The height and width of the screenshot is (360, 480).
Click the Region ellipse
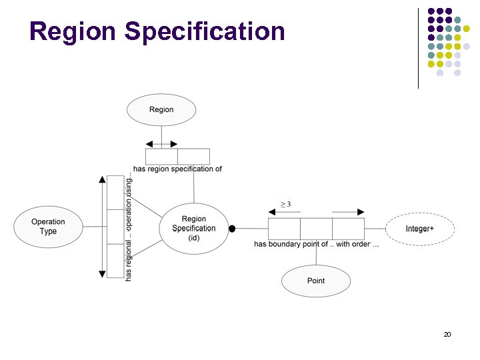click(161, 110)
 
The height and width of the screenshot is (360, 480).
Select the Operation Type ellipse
click(48, 227)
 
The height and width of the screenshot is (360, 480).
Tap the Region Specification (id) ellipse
click(194, 228)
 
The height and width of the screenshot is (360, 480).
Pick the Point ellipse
click(316, 281)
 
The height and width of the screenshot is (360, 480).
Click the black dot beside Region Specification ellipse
click(232, 229)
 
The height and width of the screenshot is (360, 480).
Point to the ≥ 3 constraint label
click(285, 203)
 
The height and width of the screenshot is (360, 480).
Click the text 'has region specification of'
click(177, 169)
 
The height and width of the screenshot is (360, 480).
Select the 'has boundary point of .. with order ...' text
click(316, 244)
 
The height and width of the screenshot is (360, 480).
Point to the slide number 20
click(447, 333)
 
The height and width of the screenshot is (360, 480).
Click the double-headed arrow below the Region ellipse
click(161, 144)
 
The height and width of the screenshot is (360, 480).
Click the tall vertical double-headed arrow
click(102, 227)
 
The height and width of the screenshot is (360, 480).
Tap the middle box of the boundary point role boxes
click(316, 229)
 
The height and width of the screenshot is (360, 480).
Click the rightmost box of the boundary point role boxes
click(348, 229)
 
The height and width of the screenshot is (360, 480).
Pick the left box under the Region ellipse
click(161, 157)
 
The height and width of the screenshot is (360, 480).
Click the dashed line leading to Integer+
click(375, 229)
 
